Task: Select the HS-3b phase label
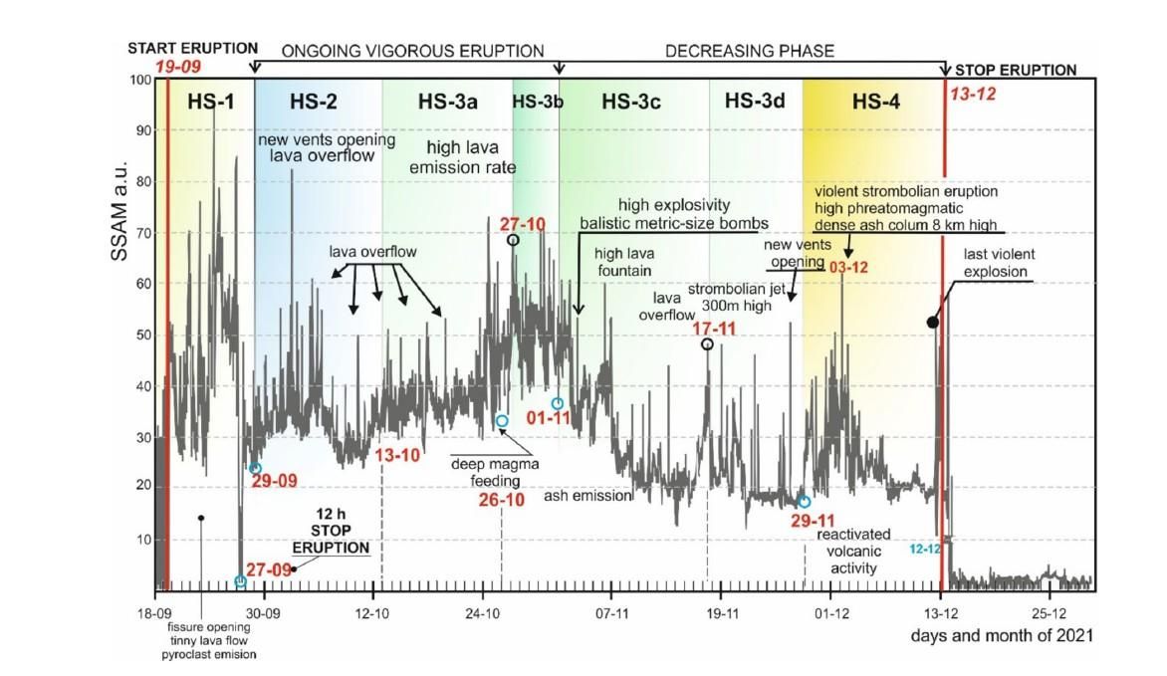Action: coord(536,101)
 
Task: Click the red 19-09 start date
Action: coord(177,68)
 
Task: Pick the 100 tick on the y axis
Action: coord(137,80)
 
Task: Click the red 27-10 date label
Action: coord(523,224)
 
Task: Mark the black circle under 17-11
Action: coord(707,344)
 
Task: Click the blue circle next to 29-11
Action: coord(804,502)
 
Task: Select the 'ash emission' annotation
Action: coord(587,496)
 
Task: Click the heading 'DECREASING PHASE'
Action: coord(749,51)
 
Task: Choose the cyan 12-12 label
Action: coord(924,548)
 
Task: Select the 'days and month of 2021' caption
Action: coord(1003,635)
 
